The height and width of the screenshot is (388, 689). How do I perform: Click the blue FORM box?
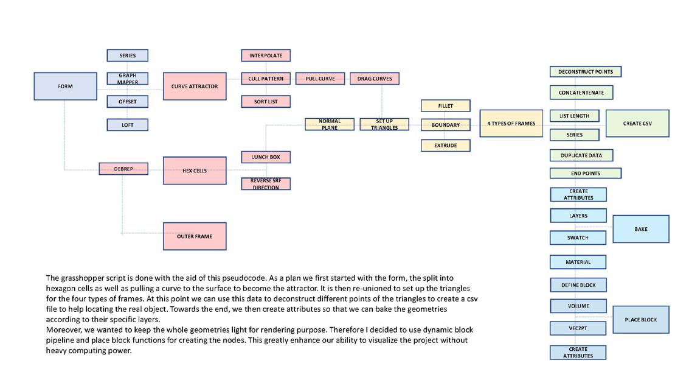(65, 86)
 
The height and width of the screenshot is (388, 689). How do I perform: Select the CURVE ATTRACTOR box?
(195, 86)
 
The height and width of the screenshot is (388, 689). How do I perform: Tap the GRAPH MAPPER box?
(128, 79)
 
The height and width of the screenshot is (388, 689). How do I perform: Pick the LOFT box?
(128, 125)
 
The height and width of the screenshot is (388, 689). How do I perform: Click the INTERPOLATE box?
(266, 55)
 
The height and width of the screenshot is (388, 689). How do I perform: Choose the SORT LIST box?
(266, 102)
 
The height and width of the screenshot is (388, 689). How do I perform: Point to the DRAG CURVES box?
(374, 79)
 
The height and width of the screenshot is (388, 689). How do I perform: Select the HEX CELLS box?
(195, 171)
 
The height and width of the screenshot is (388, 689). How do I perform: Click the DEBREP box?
(123, 169)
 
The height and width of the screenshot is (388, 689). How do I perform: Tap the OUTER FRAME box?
(195, 236)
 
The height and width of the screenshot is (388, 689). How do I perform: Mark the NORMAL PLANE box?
(330, 124)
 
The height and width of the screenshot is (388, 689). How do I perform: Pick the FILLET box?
(446, 106)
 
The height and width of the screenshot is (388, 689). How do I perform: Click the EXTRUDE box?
(446, 146)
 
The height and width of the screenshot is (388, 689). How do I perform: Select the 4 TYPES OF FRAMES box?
(511, 124)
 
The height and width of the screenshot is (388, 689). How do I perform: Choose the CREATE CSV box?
(637, 124)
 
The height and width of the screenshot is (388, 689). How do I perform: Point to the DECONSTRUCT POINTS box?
(586, 72)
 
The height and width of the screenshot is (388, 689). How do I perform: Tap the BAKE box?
(640, 229)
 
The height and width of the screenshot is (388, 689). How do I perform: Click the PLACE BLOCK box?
(640, 320)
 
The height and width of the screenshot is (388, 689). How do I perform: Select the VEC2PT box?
(578, 328)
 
